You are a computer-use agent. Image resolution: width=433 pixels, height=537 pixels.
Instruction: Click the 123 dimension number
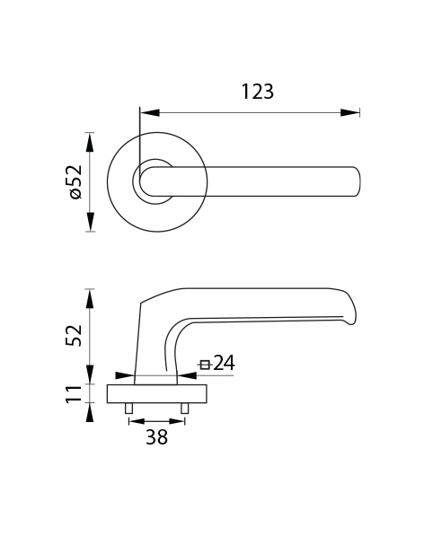tap(258, 92)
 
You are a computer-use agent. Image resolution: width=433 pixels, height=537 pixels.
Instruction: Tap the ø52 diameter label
tap(76, 182)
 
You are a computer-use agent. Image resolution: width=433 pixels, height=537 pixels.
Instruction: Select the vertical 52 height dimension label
tap(74, 336)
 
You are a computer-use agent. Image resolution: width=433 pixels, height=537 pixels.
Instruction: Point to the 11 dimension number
tap(74, 394)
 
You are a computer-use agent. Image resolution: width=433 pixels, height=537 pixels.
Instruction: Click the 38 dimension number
tap(157, 437)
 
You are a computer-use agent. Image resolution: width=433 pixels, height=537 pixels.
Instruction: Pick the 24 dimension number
tap(224, 363)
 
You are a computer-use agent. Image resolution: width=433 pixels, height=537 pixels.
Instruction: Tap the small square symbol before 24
tap(205, 365)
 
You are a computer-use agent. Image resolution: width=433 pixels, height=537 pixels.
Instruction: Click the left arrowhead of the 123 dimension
tap(150, 112)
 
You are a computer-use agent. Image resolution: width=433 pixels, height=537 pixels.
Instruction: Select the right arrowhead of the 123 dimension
tap(350, 112)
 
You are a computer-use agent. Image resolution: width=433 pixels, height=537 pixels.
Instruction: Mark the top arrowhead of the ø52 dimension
tap(90, 142)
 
